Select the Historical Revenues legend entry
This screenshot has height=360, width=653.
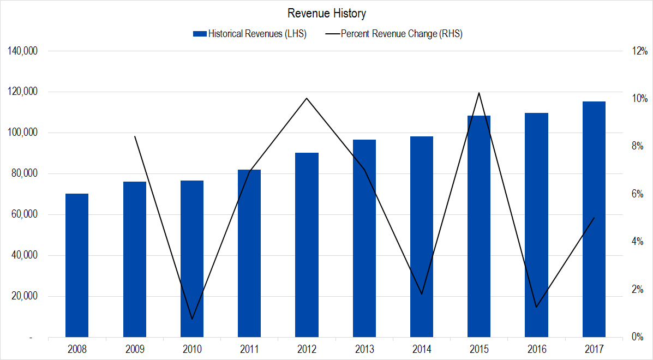click(256, 34)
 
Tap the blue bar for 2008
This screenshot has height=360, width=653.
click(77, 265)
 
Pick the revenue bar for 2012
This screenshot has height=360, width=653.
click(307, 245)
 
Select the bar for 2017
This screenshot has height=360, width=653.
click(594, 219)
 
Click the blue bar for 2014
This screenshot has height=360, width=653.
click(421, 237)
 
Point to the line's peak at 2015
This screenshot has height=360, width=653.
click(478, 93)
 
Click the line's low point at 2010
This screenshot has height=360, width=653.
click(192, 319)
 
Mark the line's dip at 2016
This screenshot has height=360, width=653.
click(536, 307)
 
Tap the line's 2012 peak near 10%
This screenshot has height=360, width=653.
click(307, 98)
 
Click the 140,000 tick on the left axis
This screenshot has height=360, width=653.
click(22, 51)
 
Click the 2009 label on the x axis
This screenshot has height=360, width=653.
click(134, 348)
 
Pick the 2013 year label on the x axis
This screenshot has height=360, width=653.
click(364, 348)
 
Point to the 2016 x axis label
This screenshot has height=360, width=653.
click(536, 348)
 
